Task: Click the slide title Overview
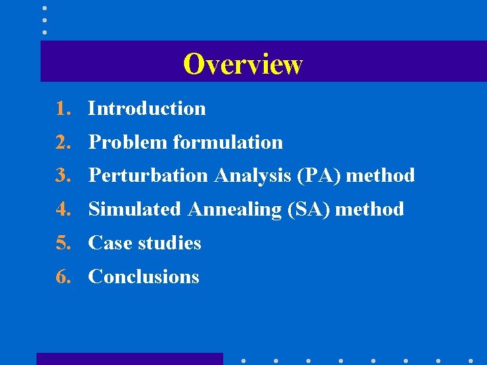(243, 64)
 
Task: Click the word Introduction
(147, 108)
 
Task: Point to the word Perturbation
(148, 176)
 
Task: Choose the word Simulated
(135, 210)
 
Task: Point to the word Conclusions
(143, 277)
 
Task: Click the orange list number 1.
(63, 108)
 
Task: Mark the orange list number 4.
(63, 210)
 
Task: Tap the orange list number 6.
(63, 277)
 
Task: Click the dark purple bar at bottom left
(129, 359)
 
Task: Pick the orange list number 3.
(63, 176)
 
